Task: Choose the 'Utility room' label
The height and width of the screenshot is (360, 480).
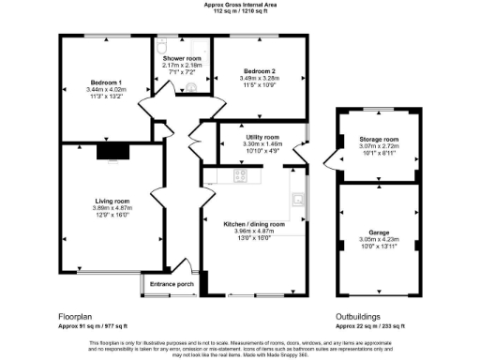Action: (263, 138)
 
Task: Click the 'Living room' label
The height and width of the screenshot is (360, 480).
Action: (112, 201)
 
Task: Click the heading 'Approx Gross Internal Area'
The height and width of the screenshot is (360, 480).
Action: (240, 5)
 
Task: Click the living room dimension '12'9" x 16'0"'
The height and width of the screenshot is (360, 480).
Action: (112, 216)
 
